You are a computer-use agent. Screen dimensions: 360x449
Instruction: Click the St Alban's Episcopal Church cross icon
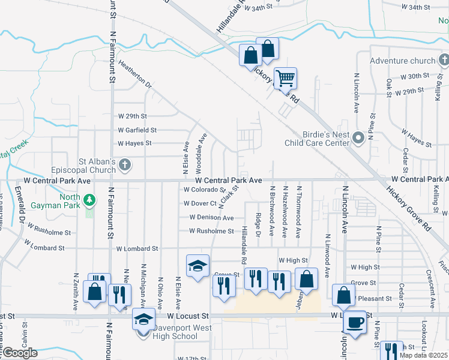(125, 165)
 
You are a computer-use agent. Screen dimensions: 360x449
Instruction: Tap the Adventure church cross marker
(444, 61)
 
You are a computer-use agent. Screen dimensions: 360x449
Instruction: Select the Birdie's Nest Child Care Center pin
(359, 139)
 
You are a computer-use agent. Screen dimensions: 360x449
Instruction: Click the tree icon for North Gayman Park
(89, 199)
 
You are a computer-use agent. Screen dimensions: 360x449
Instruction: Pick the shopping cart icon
(286, 77)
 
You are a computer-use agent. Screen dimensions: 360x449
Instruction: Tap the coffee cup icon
(354, 323)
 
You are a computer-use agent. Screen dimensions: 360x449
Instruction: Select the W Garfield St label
(137, 130)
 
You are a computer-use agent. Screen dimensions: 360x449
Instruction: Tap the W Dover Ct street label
(200, 203)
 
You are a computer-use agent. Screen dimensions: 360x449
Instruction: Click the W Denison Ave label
(211, 217)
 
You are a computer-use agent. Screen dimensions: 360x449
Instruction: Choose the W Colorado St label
(205, 190)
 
